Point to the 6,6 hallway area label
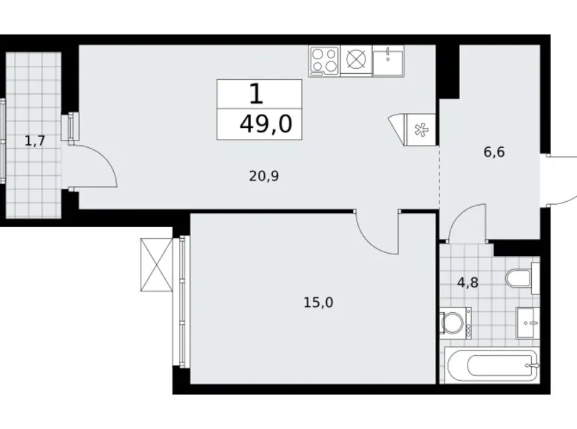(494, 153)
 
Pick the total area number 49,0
(266, 124)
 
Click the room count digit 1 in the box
(256, 94)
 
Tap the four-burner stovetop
(324, 60)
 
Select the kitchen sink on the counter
(388, 60)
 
